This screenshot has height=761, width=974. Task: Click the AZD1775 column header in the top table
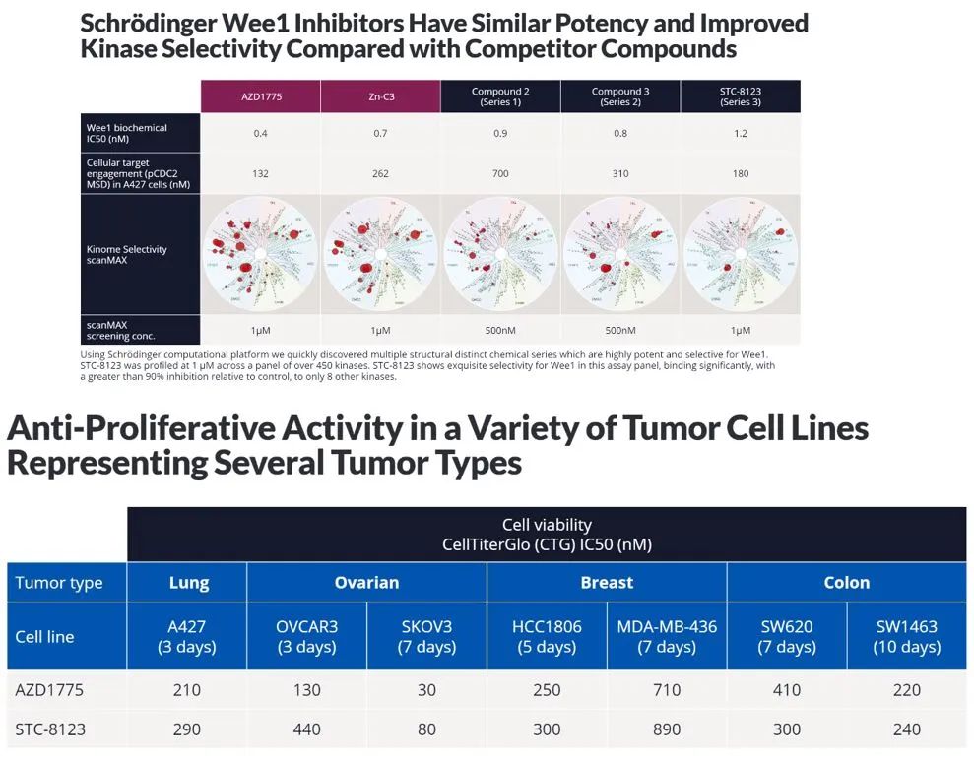pos(260,96)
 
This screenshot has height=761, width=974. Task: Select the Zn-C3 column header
pos(380,96)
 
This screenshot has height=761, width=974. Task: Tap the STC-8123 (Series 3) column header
pos(741,96)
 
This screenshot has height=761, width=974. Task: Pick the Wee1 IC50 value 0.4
pos(260,133)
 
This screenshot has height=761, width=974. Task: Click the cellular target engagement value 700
pos(500,173)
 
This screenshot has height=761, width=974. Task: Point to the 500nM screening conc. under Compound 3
pos(620,330)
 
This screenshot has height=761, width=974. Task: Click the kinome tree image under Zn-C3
pos(380,255)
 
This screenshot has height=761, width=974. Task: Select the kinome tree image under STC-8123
pos(741,255)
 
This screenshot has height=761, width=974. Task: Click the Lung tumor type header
pos(188,582)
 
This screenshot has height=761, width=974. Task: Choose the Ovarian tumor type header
pos(366,582)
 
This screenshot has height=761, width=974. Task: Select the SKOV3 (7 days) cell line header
pos(426,636)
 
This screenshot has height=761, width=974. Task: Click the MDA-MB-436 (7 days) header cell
pos(667,636)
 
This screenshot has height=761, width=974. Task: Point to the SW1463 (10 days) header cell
pos(906,636)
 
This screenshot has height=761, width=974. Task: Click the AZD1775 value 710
pos(667,690)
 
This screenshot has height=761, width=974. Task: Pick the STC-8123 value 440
pos(307,729)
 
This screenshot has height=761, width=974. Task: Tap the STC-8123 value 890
pos(667,729)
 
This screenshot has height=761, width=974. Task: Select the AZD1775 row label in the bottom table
pos(49,690)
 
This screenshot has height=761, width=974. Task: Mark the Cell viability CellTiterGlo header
pos(547,534)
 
